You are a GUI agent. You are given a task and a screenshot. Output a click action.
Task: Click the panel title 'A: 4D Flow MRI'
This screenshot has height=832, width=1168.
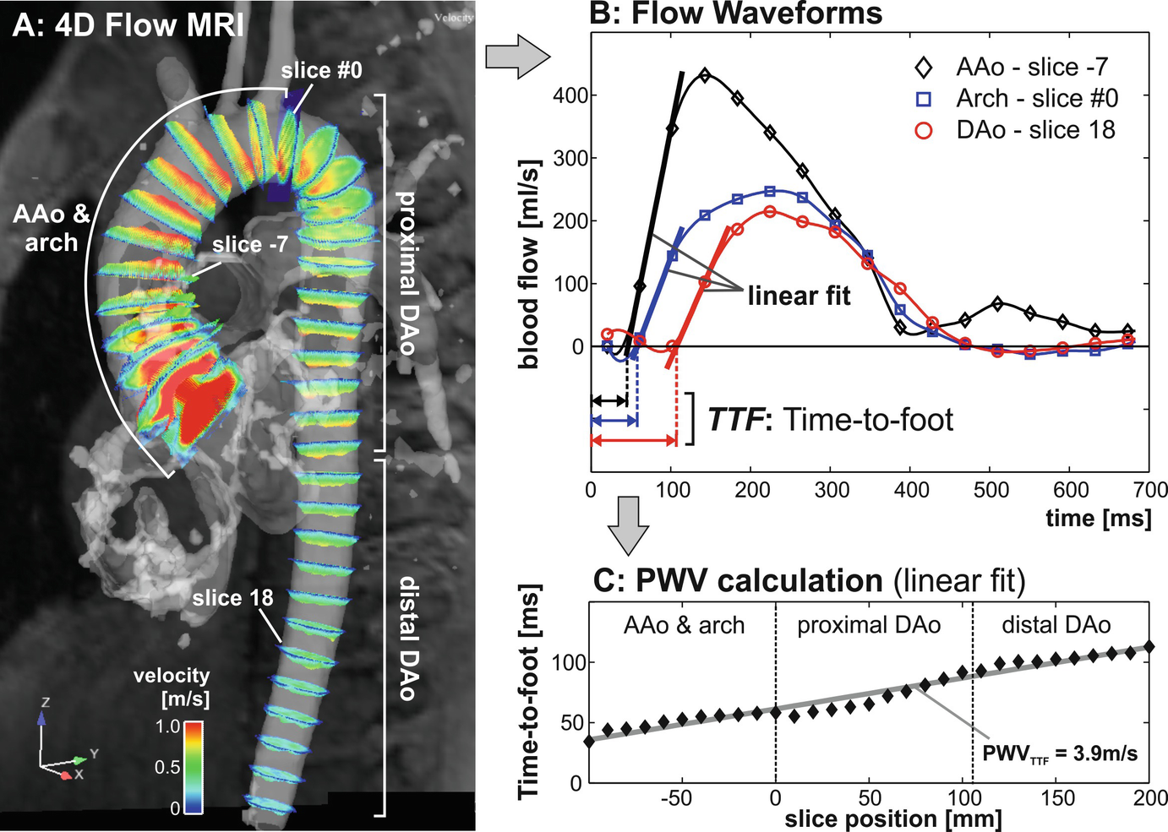pyautogui.click(x=128, y=25)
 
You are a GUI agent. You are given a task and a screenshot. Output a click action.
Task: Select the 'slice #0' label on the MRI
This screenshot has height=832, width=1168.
pyautogui.click(x=321, y=70)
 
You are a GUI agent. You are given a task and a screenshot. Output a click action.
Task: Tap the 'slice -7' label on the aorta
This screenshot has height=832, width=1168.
pyautogui.click(x=250, y=245)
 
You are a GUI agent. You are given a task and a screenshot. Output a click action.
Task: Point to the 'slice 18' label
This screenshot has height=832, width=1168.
pyautogui.click(x=232, y=598)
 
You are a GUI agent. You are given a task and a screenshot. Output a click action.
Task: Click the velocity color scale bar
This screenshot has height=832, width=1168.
pyautogui.click(x=194, y=767)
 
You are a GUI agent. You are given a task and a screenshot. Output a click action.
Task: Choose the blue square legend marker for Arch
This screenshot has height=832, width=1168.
pyautogui.click(x=925, y=99)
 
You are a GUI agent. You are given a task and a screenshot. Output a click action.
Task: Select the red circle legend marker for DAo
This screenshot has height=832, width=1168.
pyautogui.click(x=925, y=130)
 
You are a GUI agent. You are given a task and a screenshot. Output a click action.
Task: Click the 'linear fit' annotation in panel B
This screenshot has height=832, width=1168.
pyautogui.click(x=799, y=296)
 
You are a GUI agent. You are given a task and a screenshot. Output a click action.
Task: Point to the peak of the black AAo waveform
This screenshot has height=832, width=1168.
pyautogui.click(x=705, y=75)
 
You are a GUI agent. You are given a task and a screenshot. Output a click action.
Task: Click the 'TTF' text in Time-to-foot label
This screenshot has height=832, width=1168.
pyautogui.click(x=735, y=419)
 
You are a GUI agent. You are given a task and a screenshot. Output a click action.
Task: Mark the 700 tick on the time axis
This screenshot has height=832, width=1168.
pyautogui.click(x=1150, y=491)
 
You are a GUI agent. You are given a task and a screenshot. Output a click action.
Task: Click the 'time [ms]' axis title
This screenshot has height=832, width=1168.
pyautogui.click(x=1098, y=518)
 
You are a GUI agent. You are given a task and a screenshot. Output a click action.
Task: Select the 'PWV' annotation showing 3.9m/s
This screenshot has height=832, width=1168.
pyautogui.click(x=1060, y=753)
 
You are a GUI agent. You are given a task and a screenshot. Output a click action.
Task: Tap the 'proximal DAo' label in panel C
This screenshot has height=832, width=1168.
pyautogui.click(x=869, y=626)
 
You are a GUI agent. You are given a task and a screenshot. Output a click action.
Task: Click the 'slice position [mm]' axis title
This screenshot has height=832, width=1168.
pyautogui.click(x=892, y=819)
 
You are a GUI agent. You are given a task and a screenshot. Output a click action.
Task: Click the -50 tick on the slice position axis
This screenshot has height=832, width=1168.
pyautogui.click(x=676, y=798)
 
